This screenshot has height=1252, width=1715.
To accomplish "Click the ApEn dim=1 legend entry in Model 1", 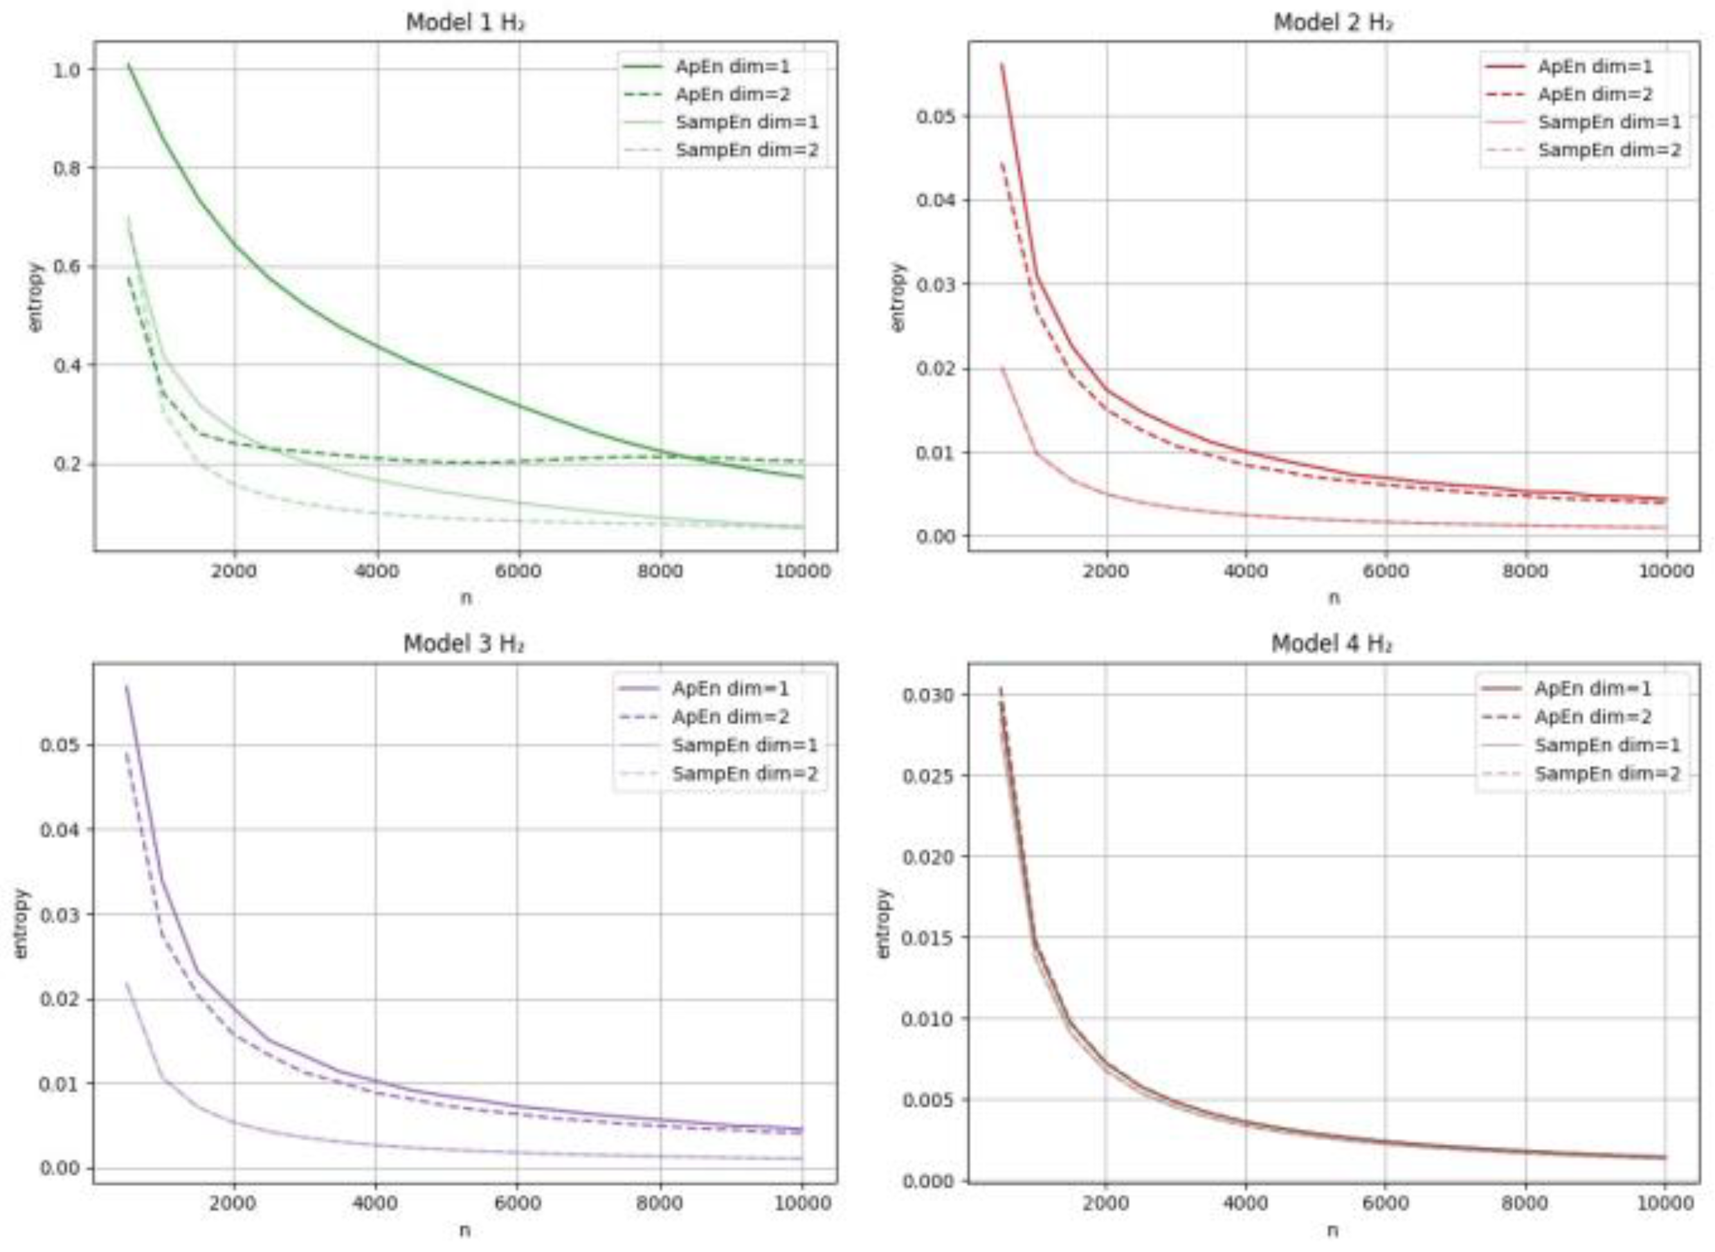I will tap(732, 67).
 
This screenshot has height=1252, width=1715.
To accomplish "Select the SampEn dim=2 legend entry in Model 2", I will tap(1609, 150).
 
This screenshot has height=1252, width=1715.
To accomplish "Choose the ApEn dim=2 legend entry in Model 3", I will tap(730, 717).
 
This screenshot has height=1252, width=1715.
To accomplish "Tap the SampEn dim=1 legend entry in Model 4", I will tap(1606, 745).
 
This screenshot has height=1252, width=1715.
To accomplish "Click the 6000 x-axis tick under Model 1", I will tap(518, 570).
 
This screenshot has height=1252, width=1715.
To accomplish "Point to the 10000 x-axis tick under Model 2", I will tap(1665, 570).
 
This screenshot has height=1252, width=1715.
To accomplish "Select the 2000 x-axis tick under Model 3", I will tap(233, 1204).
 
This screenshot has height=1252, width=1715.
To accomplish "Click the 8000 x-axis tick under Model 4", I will tap(1524, 1204).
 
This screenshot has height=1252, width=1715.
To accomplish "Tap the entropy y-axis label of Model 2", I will tap(899, 297).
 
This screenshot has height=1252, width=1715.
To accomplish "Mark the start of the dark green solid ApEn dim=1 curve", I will tap(129, 65).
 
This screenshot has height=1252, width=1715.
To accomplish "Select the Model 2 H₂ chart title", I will tap(1332, 22).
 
